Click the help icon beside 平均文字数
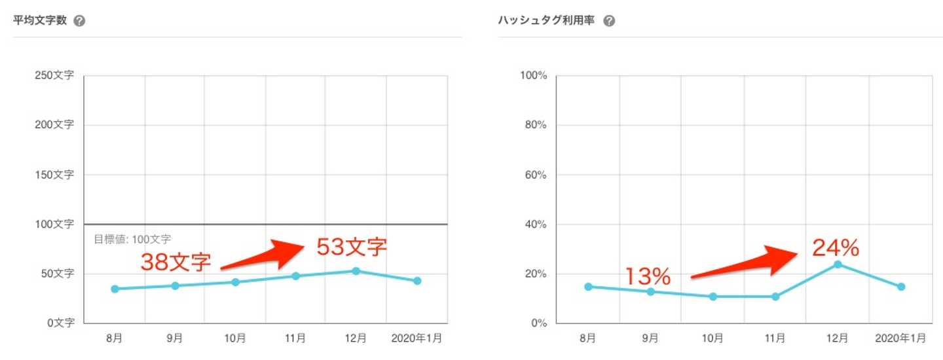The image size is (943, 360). (79, 21)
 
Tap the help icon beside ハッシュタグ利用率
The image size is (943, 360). (609, 21)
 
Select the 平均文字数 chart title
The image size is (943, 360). (40, 21)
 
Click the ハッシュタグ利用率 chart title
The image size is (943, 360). (547, 21)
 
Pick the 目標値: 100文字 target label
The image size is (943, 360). (132, 240)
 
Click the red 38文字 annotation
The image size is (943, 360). (176, 262)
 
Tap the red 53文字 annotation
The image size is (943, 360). (352, 247)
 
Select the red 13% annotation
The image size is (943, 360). (648, 276)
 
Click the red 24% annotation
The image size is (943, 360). (835, 248)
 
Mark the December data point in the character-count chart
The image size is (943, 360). (356, 271)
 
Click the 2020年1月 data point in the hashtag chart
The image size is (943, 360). (901, 287)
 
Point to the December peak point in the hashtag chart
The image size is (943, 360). (838, 264)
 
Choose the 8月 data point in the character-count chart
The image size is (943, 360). (115, 289)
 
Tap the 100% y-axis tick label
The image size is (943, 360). (533, 76)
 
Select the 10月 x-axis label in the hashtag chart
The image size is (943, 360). (712, 338)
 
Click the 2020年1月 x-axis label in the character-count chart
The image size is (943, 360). (416, 338)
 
